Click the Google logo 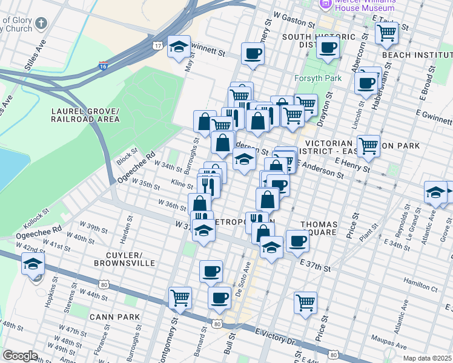tap(20, 356)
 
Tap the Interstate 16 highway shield tap(103, 64)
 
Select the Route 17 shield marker tap(157, 46)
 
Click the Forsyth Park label tap(317, 79)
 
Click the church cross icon tap(41, 24)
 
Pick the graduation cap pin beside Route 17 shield tap(179, 47)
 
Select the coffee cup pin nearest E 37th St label tap(297, 241)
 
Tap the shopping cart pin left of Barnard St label tap(180, 297)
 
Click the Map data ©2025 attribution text tap(428, 358)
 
